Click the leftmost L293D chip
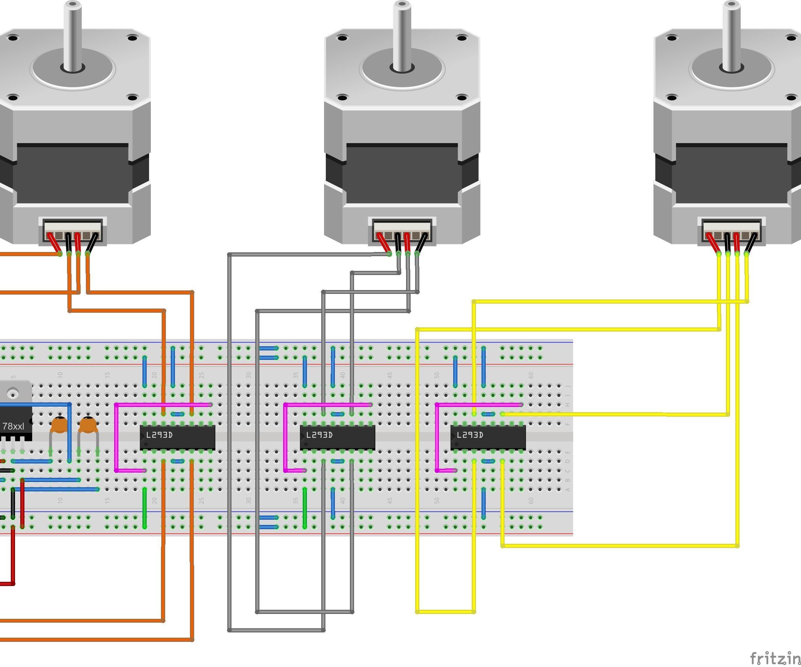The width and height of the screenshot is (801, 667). click(177, 437)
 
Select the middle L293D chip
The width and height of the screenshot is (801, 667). click(337, 437)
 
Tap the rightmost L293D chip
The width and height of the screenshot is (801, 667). click(488, 437)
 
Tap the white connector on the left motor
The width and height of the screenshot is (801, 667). click(73, 230)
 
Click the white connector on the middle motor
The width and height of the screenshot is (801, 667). click(402, 230)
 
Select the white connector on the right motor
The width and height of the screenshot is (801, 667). click(732, 230)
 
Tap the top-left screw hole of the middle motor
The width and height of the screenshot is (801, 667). click(342, 38)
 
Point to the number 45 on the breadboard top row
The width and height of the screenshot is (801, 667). click(389, 375)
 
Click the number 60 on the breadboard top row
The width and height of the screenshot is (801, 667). click(531, 375)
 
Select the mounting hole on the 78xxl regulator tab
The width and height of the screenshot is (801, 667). click(13, 392)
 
